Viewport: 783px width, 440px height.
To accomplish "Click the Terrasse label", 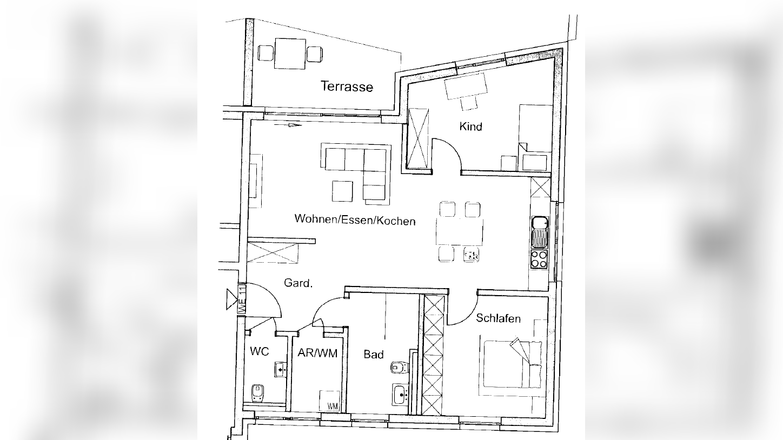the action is point(347,86).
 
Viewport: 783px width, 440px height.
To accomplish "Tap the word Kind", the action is point(470,126).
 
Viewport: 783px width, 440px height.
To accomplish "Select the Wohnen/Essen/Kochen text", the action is point(355,220).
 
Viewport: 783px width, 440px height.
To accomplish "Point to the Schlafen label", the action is point(498,318).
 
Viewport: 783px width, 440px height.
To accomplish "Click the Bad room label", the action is point(373,355).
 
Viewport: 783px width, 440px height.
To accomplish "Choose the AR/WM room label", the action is point(317,353).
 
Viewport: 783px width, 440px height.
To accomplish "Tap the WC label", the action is point(260,351).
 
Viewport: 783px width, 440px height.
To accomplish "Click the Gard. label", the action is point(298,283).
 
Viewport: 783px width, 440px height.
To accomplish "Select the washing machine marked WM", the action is point(330,401).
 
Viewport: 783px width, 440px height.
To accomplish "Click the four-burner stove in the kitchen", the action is point(539,259).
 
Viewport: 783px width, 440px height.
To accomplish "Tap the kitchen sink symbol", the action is point(540,232).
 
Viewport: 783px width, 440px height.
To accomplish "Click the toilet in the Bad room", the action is point(400,368).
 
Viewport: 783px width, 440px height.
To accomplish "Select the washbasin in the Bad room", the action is point(401,395).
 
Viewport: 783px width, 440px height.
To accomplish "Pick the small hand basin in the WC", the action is point(280,370).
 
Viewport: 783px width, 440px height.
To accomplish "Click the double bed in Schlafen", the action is point(513,364).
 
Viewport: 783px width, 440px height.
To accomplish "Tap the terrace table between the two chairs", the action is point(290,54).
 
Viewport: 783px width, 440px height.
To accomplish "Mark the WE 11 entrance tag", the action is point(242,299).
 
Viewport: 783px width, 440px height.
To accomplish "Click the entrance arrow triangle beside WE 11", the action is point(231,299).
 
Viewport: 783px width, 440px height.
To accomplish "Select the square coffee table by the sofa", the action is point(342,191).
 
